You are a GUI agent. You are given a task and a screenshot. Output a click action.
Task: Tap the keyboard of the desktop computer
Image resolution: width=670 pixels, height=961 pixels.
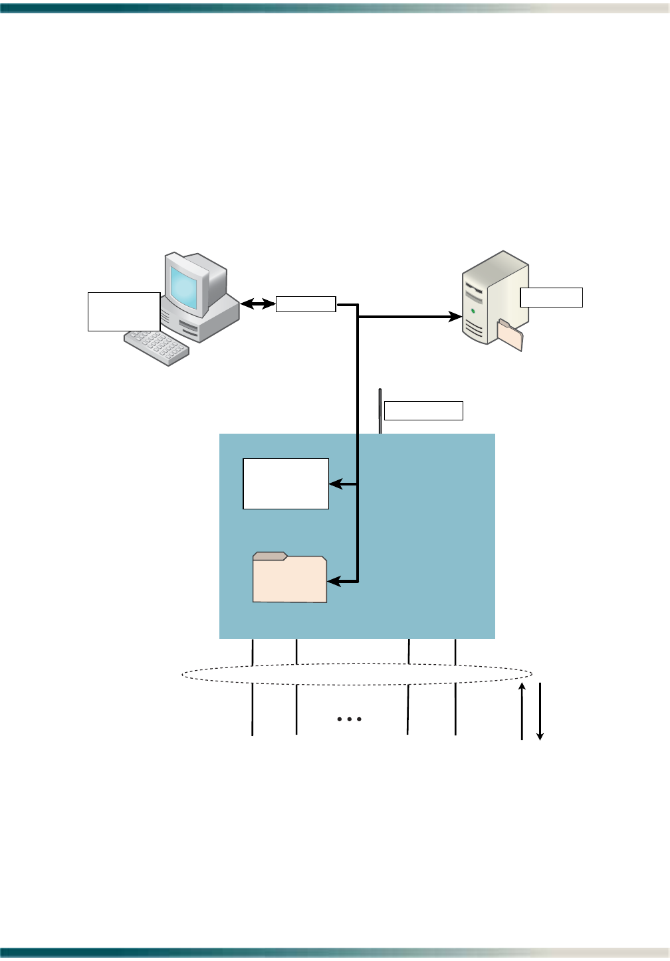pyautogui.click(x=157, y=347)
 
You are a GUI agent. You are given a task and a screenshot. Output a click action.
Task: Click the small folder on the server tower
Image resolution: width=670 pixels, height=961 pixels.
pyautogui.click(x=510, y=335)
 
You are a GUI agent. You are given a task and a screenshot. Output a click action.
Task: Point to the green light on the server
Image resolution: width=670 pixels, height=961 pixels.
pyautogui.click(x=473, y=310)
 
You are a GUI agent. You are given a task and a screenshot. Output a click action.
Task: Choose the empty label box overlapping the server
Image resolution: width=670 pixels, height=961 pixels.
pyautogui.click(x=551, y=297)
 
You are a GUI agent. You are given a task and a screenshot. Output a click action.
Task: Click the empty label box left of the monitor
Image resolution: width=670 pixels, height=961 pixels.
pyautogui.click(x=124, y=311)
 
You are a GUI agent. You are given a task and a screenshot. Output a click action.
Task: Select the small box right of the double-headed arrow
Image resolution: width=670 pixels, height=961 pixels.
pyautogui.click(x=306, y=304)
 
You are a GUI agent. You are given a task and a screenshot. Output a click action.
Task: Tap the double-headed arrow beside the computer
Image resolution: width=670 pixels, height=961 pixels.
pyautogui.click(x=258, y=304)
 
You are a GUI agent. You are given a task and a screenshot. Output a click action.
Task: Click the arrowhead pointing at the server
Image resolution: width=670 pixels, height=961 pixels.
pyautogui.click(x=456, y=317)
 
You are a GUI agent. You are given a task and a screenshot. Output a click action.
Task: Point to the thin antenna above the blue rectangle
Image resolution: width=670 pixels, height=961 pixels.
pyautogui.click(x=380, y=410)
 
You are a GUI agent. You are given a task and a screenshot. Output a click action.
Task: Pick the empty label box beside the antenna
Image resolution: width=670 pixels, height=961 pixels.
pyautogui.click(x=423, y=410)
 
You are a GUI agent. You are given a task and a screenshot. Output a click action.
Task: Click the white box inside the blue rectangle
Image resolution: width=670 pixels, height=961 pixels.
pyautogui.click(x=286, y=483)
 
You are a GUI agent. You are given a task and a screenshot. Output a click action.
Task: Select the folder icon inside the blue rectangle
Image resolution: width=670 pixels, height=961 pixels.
pyautogui.click(x=290, y=578)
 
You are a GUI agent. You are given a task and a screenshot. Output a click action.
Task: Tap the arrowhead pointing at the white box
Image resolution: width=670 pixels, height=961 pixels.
pyautogui.click(x=335, y=484)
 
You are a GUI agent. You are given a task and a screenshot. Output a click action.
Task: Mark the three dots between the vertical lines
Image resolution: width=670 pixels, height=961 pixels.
pyautogui.click(x=349, y=719)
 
